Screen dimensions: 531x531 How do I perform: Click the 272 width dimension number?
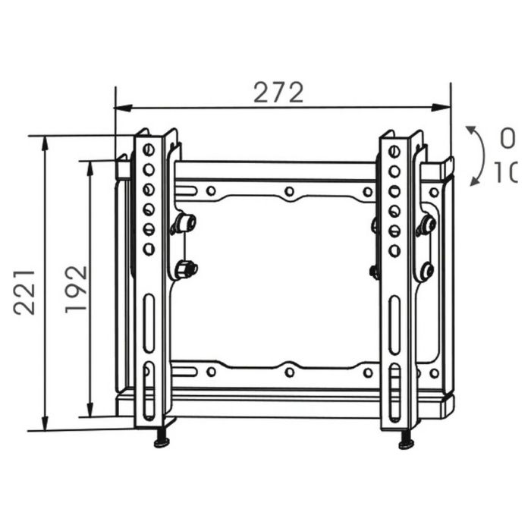[278, 93]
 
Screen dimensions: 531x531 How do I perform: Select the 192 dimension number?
[77, 289]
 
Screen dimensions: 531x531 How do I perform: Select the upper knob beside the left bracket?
[184, 223]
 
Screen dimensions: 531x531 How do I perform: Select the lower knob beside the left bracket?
[184, 269]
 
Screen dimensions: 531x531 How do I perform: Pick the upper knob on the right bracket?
[426, 225]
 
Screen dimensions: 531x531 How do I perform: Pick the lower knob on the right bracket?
[426, 270]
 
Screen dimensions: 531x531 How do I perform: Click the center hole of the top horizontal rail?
[289, 191]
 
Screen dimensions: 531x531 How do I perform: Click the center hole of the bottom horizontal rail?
[289, 372]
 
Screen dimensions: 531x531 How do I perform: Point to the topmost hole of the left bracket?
[149, 150]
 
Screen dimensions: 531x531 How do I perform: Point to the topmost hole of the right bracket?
[394, 152]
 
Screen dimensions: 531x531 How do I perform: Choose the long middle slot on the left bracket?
[149, 323]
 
